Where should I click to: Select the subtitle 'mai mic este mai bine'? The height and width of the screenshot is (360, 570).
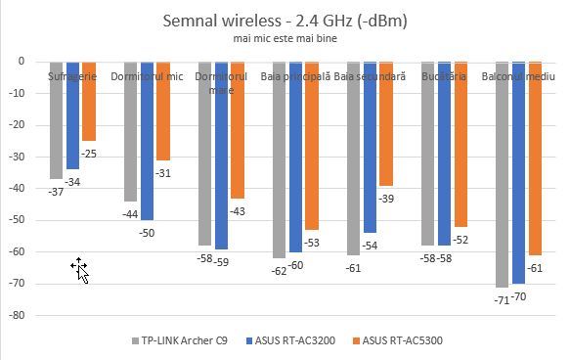tap(285, 38)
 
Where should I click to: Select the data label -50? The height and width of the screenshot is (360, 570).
tap(148, 232)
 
